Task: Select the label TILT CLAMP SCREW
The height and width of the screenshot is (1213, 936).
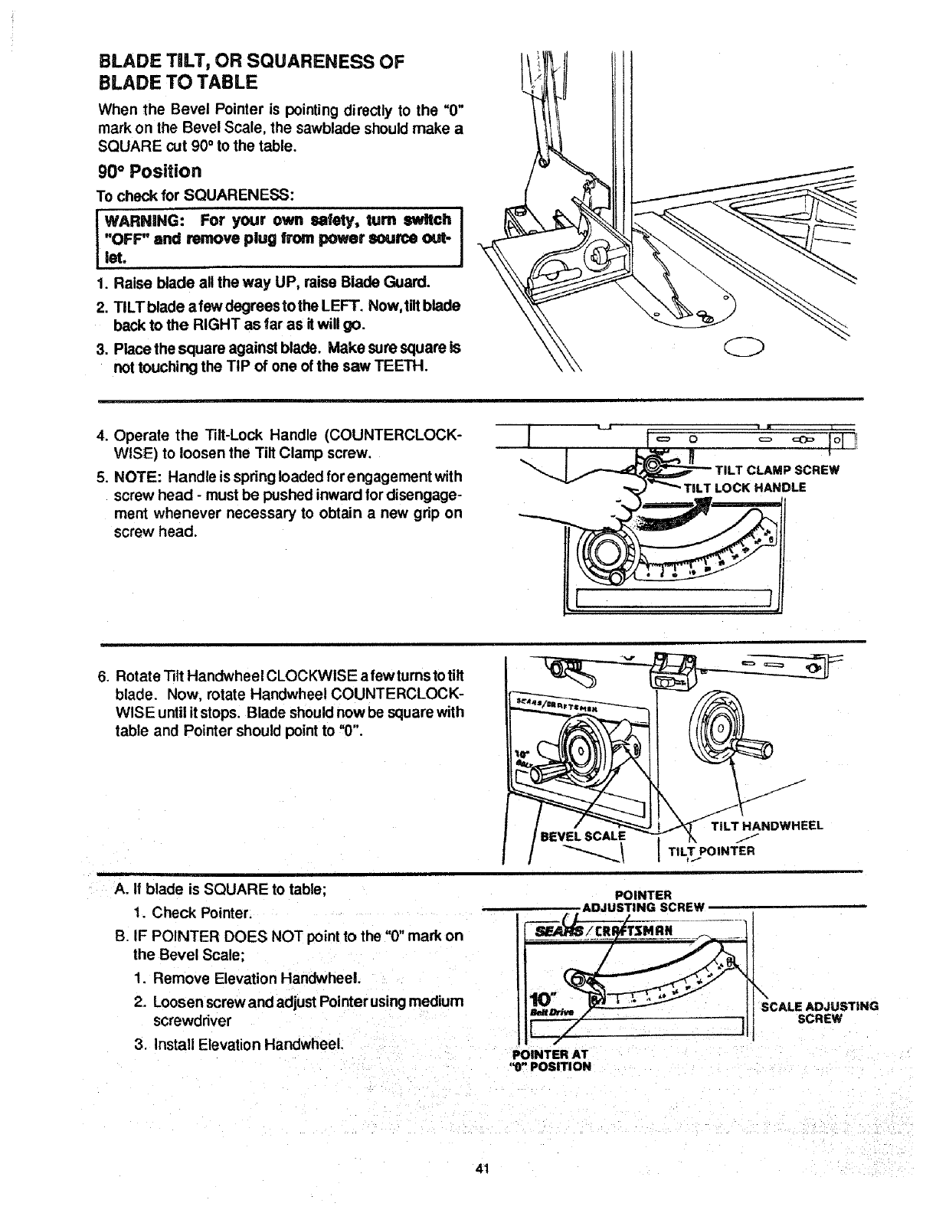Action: click(x=776, y=470)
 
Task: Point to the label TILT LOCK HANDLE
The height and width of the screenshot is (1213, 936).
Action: click(x=745, y=488)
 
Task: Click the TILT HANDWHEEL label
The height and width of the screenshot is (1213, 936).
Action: click(x=767, y=826)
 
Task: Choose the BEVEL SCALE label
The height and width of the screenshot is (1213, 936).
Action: click(x=583, y=835)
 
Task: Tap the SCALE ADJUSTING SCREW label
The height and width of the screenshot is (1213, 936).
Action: click(x=819, y=1012)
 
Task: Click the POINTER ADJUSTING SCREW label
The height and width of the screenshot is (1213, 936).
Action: click(x=643, y=901)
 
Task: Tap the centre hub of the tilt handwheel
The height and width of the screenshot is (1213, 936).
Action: click(x=720, y=727)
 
